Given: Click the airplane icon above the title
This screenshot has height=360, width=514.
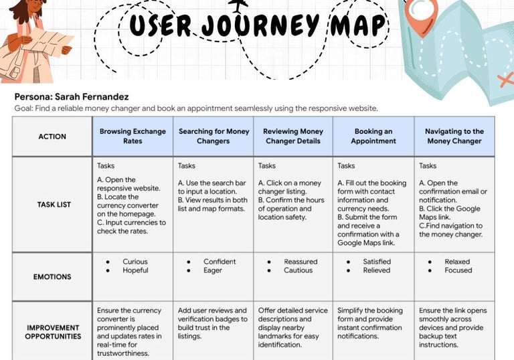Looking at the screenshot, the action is [238, 7].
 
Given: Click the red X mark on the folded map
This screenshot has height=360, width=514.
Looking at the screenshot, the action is [504, 80].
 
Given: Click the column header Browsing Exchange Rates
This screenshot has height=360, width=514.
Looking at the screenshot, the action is [133, 137].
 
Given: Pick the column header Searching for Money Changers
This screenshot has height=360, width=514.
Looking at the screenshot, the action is [213, 137].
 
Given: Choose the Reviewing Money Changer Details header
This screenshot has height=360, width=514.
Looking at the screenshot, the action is [293, 137].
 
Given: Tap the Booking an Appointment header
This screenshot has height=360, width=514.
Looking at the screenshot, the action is [373, 137].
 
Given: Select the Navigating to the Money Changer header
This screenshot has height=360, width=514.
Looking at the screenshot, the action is [454, 137].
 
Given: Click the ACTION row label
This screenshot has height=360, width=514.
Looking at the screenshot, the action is [52, 137].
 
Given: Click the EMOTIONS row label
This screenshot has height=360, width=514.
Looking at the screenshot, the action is [52, 276].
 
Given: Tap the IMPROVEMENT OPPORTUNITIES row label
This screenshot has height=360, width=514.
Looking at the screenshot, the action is [52, 332].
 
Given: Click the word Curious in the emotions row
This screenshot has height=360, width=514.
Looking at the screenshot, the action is [135, 262].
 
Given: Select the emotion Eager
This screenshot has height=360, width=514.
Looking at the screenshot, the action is [213, 270].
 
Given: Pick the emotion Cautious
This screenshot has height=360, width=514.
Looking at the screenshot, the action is [298, 270].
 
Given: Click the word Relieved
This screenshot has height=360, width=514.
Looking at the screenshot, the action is [377, 270].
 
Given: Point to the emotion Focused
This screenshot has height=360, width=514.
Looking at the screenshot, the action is [458, 270].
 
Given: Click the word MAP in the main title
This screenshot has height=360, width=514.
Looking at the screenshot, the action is [359, 26].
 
